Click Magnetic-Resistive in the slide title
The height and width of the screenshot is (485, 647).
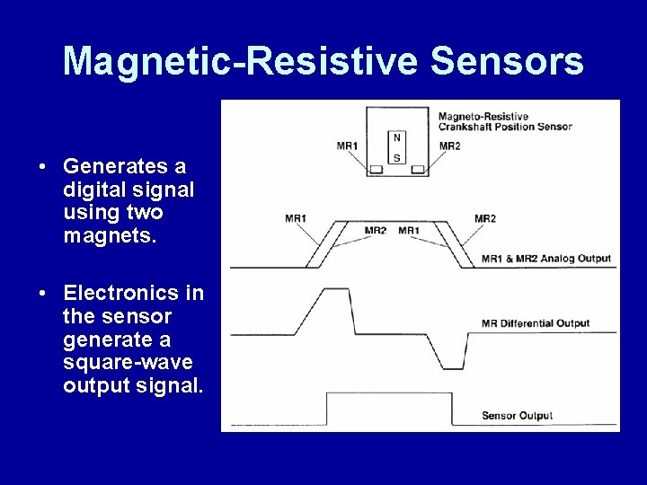pyautogui.click(x=239, y=62)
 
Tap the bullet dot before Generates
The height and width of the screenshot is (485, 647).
pyautogui.click(x=42, y=167)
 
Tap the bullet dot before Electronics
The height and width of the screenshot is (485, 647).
pyautogui.click(x=42, y=294)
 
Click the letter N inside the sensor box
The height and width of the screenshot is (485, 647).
pyautogui.click(x=397, y=138)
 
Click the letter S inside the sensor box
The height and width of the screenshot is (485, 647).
pyautogui.click(x=397, y=157)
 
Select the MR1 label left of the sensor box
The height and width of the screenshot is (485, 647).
pyautogui.click(x=347, y=145)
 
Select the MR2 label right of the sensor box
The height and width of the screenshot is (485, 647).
pyautogui.click(x=449, y=145)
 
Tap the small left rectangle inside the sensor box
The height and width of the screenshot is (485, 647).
pyautogui.click(x=377, y=169)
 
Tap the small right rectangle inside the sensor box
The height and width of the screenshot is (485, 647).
pyautogui.click(x=418, y=169)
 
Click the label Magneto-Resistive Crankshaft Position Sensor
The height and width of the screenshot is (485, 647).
pyautogui.click(x=504, y=121)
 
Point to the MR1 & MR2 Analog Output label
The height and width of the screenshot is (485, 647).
pyautogui.click(x=545, y=259)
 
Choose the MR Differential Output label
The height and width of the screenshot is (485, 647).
pyautogui.click(x=535, y=323)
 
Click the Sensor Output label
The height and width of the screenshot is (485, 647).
pyautogui.click(x=517, y=416)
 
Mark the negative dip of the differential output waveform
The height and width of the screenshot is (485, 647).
pyautogui.click(x=454, y=366)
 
